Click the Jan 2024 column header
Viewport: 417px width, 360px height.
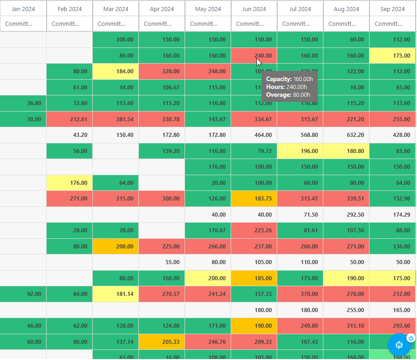point(23,9)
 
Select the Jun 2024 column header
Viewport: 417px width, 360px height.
point(254,9)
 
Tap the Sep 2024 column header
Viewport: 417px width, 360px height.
point(393,9)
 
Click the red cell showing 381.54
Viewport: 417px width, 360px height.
point(116,119)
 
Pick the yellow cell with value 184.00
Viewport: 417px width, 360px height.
point(116,71)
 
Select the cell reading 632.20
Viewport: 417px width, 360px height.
point(346,135)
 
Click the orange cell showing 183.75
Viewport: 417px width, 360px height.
point(254,199)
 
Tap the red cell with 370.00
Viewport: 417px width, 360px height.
point(300,294)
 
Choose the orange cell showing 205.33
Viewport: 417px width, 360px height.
point(162,342)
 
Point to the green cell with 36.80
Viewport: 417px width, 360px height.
point(23,103)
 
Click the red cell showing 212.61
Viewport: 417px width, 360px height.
point(70,119)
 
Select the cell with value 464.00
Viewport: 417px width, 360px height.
point(254,135)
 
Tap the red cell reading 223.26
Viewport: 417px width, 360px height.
point(254,230)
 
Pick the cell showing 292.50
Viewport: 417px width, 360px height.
point(346,214)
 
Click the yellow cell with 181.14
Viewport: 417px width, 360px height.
point(116,294)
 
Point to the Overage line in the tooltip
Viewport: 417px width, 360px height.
point(288,95)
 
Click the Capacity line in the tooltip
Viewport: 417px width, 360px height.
point(289,79)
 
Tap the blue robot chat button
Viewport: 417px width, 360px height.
point(399,345)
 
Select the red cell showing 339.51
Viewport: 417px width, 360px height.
point(346,199)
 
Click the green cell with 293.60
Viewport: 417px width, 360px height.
point(393,326)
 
